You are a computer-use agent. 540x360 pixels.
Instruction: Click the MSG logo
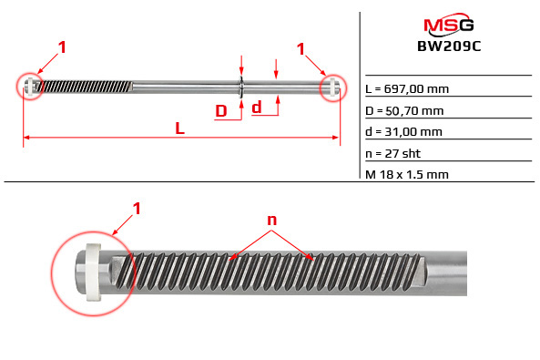448,24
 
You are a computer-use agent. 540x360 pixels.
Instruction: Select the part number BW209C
448,43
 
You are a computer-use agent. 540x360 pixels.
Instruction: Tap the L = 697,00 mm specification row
406,89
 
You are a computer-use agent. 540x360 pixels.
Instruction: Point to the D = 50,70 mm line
404,110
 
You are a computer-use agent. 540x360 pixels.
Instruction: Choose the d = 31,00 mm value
403,131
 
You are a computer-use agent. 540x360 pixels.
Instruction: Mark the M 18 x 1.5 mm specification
406,173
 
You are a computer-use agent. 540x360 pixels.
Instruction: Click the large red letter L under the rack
180,129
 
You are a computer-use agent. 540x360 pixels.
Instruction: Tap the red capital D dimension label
221,111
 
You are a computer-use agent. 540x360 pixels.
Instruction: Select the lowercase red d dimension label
257,108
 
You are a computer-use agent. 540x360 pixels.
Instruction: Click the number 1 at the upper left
62,46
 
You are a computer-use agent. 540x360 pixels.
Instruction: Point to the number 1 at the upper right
301,46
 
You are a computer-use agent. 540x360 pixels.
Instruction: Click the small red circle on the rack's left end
32,87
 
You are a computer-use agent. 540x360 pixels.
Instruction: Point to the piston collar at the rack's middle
240,87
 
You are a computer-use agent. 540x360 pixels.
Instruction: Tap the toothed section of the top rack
87,87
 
